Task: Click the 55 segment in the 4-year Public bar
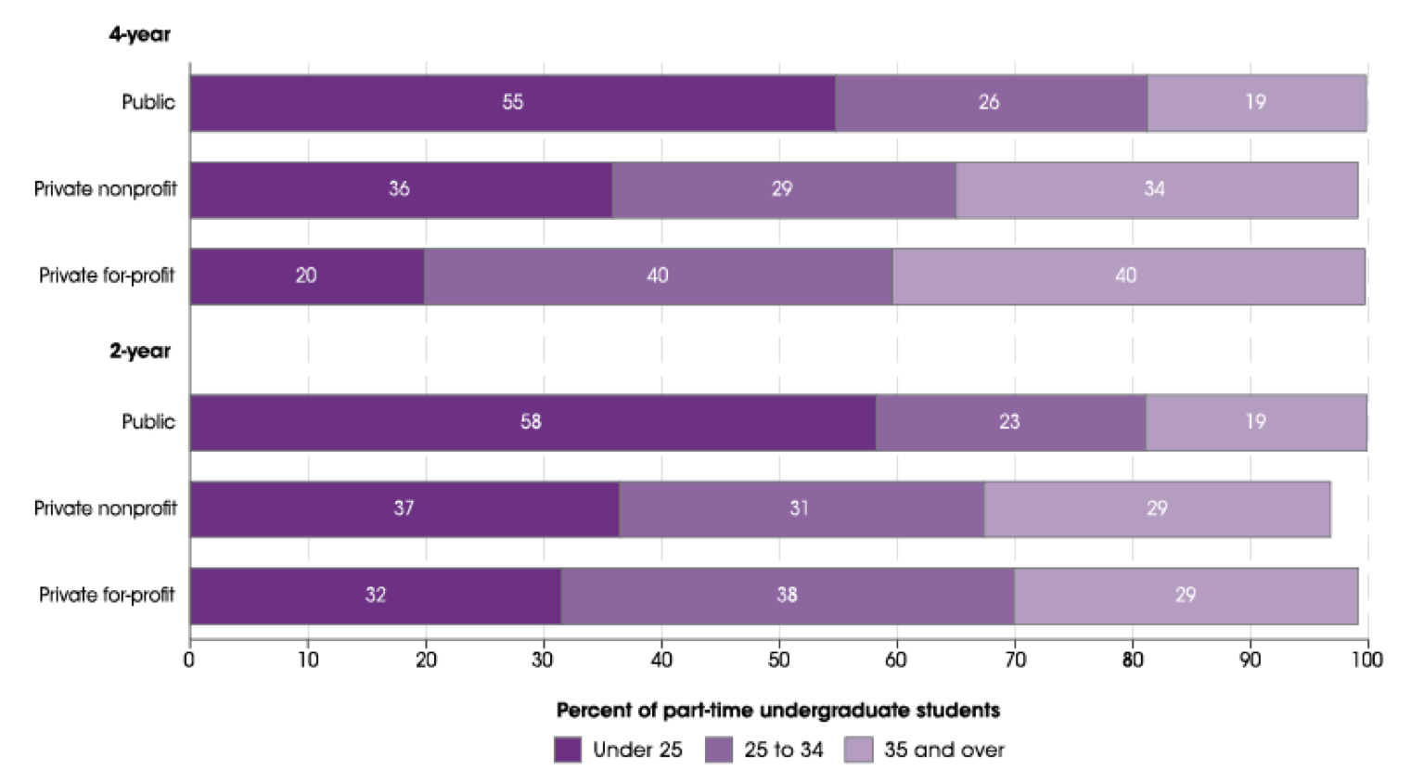[x=512, y=103]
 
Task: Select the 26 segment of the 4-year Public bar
[x=990, y=103]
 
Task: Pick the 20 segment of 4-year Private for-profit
[x=306, y=276]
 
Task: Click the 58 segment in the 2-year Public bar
[x=532, y=422]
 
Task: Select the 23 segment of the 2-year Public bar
[x=1010, y=422]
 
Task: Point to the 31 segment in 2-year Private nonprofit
[x=800, y=508]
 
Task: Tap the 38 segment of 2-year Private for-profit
[x=787, y=596]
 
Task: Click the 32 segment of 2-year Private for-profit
[x=375, y=596]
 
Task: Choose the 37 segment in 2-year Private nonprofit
[x=404, y=508]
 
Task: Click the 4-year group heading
[x=140, y=34]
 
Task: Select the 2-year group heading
[x=140, y=351]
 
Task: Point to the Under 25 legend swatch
[x=567, y=750]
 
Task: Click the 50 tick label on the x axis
[x=778, y=660]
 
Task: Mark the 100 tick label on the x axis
[x=1366, y=660]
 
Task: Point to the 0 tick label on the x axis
[x=189, y=660]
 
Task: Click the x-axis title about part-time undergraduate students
[x=777, y=711]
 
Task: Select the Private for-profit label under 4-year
[x=107, y=276]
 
